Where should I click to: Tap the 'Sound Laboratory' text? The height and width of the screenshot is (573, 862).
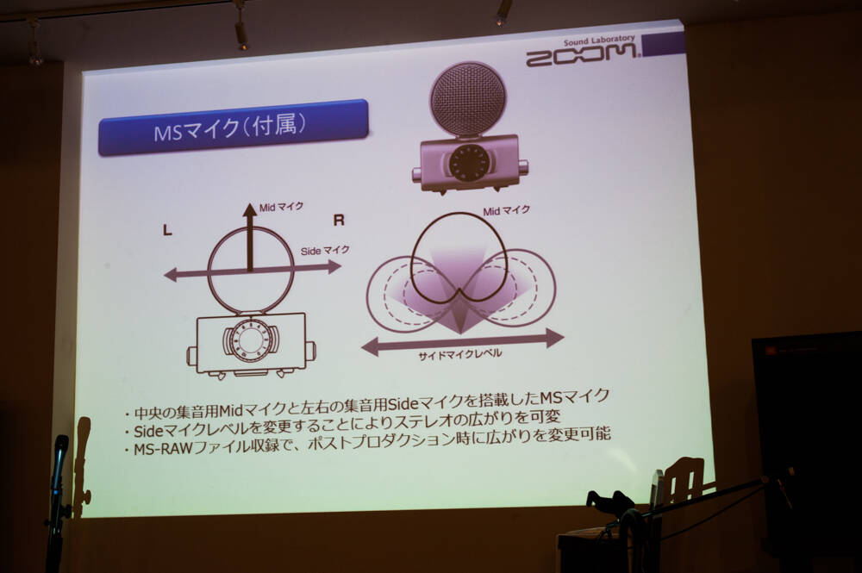[599, 40]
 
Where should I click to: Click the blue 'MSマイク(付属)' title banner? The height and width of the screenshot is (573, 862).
[233, 127]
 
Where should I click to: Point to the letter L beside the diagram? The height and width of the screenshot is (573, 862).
[168, 231]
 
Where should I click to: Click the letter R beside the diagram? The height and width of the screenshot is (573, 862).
[339, 221]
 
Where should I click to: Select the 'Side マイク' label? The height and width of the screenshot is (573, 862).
[325, 251]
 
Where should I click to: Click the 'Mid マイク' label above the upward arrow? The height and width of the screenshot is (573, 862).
[281, 207]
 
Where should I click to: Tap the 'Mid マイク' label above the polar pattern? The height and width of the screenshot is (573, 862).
[506, 210]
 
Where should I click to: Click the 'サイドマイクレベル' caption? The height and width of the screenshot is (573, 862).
[459, 355]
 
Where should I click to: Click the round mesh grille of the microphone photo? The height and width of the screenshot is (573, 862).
[467, 99]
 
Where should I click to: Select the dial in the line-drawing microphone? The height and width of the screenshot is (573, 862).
[251, 340]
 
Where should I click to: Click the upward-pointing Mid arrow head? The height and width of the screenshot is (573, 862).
[250, 209]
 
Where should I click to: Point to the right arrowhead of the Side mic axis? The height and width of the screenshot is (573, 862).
[334, 267]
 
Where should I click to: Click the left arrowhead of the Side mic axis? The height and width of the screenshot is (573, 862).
[172, 274]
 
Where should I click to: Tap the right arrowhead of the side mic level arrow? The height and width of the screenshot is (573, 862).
[554, 338]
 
